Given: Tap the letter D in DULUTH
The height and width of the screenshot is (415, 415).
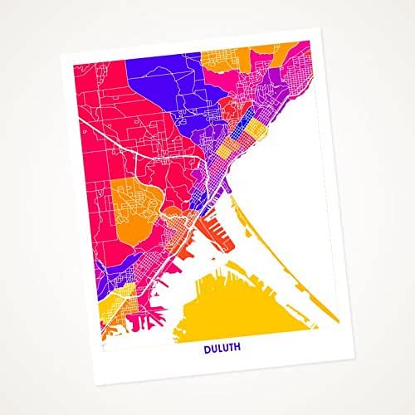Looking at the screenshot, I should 207,349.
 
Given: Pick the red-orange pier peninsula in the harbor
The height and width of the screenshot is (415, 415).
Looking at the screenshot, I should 213,234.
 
